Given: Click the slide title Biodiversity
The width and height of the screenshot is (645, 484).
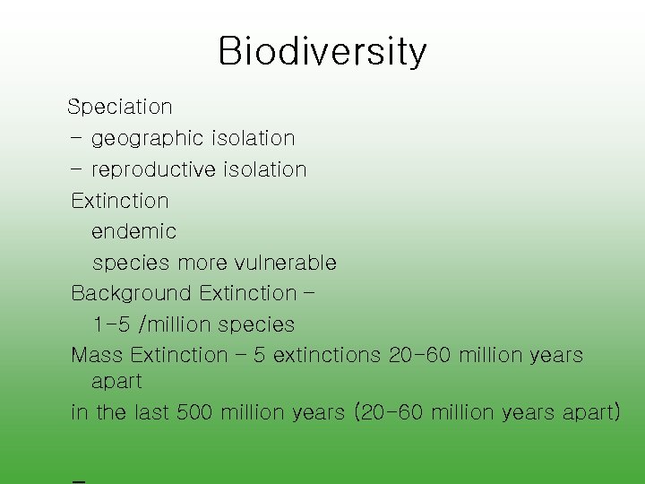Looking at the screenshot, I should click(x=322, y=52).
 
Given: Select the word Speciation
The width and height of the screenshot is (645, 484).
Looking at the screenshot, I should click(x=120, y=107).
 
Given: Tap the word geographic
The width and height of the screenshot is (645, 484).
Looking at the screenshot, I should click(x=149, y=139).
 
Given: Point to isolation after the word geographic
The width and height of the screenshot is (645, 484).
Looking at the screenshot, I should click(x=254, y=139).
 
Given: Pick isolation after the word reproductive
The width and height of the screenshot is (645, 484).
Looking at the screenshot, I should click(x=265, y=170).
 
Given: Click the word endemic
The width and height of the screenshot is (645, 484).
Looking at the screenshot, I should click(x=134, y=231).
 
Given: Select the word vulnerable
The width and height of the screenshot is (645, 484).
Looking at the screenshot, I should click(x=286, y=264).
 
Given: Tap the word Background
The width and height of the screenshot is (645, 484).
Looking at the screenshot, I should click(x=132, y=294).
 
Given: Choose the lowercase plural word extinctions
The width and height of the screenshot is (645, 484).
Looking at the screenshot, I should click(x=327, y=356).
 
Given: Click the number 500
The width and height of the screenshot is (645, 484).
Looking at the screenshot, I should click(x=194, y=413).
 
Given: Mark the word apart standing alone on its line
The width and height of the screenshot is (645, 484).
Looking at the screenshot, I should click(x=116, y=382).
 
